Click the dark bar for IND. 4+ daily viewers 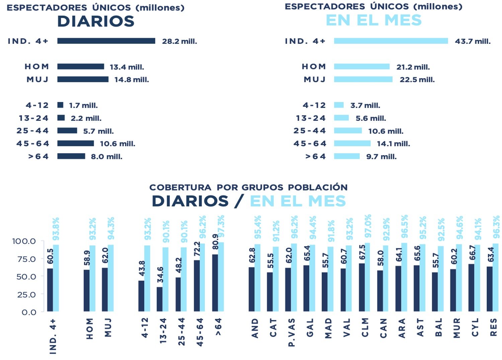click(x=106, y=41)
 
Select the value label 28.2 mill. click(x=179, y=41)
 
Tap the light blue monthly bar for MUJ click(x=363, y=79)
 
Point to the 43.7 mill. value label click(x=473, y=41)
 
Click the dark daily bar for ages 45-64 click(x=76, y=144)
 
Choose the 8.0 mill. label click(x=106, y=157)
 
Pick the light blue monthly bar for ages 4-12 click(x=339, y=105)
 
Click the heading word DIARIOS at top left click(x=96, y=21)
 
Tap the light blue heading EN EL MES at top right click(x=373, y=20)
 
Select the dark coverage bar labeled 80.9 click(x=215, y=283)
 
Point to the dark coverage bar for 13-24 click(x=160, y=299)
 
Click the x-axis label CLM click(x=365, y=328)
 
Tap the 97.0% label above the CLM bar click(x=368, y=226)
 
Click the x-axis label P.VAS click(x=291, y=332)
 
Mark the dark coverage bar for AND click(x=252, y=289)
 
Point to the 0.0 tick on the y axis click(x=29, y=312)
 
